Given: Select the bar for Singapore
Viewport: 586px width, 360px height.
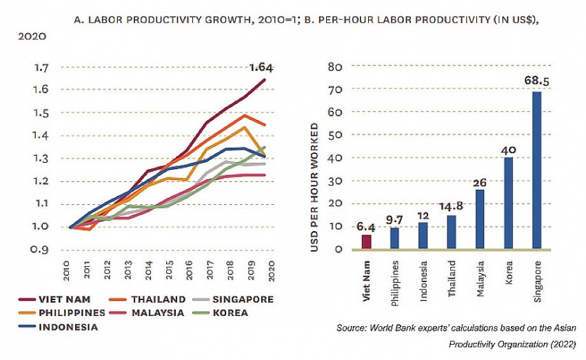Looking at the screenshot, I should tap(536, 170).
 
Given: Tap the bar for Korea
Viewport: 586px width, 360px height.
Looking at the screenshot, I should tap(508, 203).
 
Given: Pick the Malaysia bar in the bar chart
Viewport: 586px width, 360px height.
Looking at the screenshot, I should tap(480, 219).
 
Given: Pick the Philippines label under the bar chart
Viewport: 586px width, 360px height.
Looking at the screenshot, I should tap(395, 281).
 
